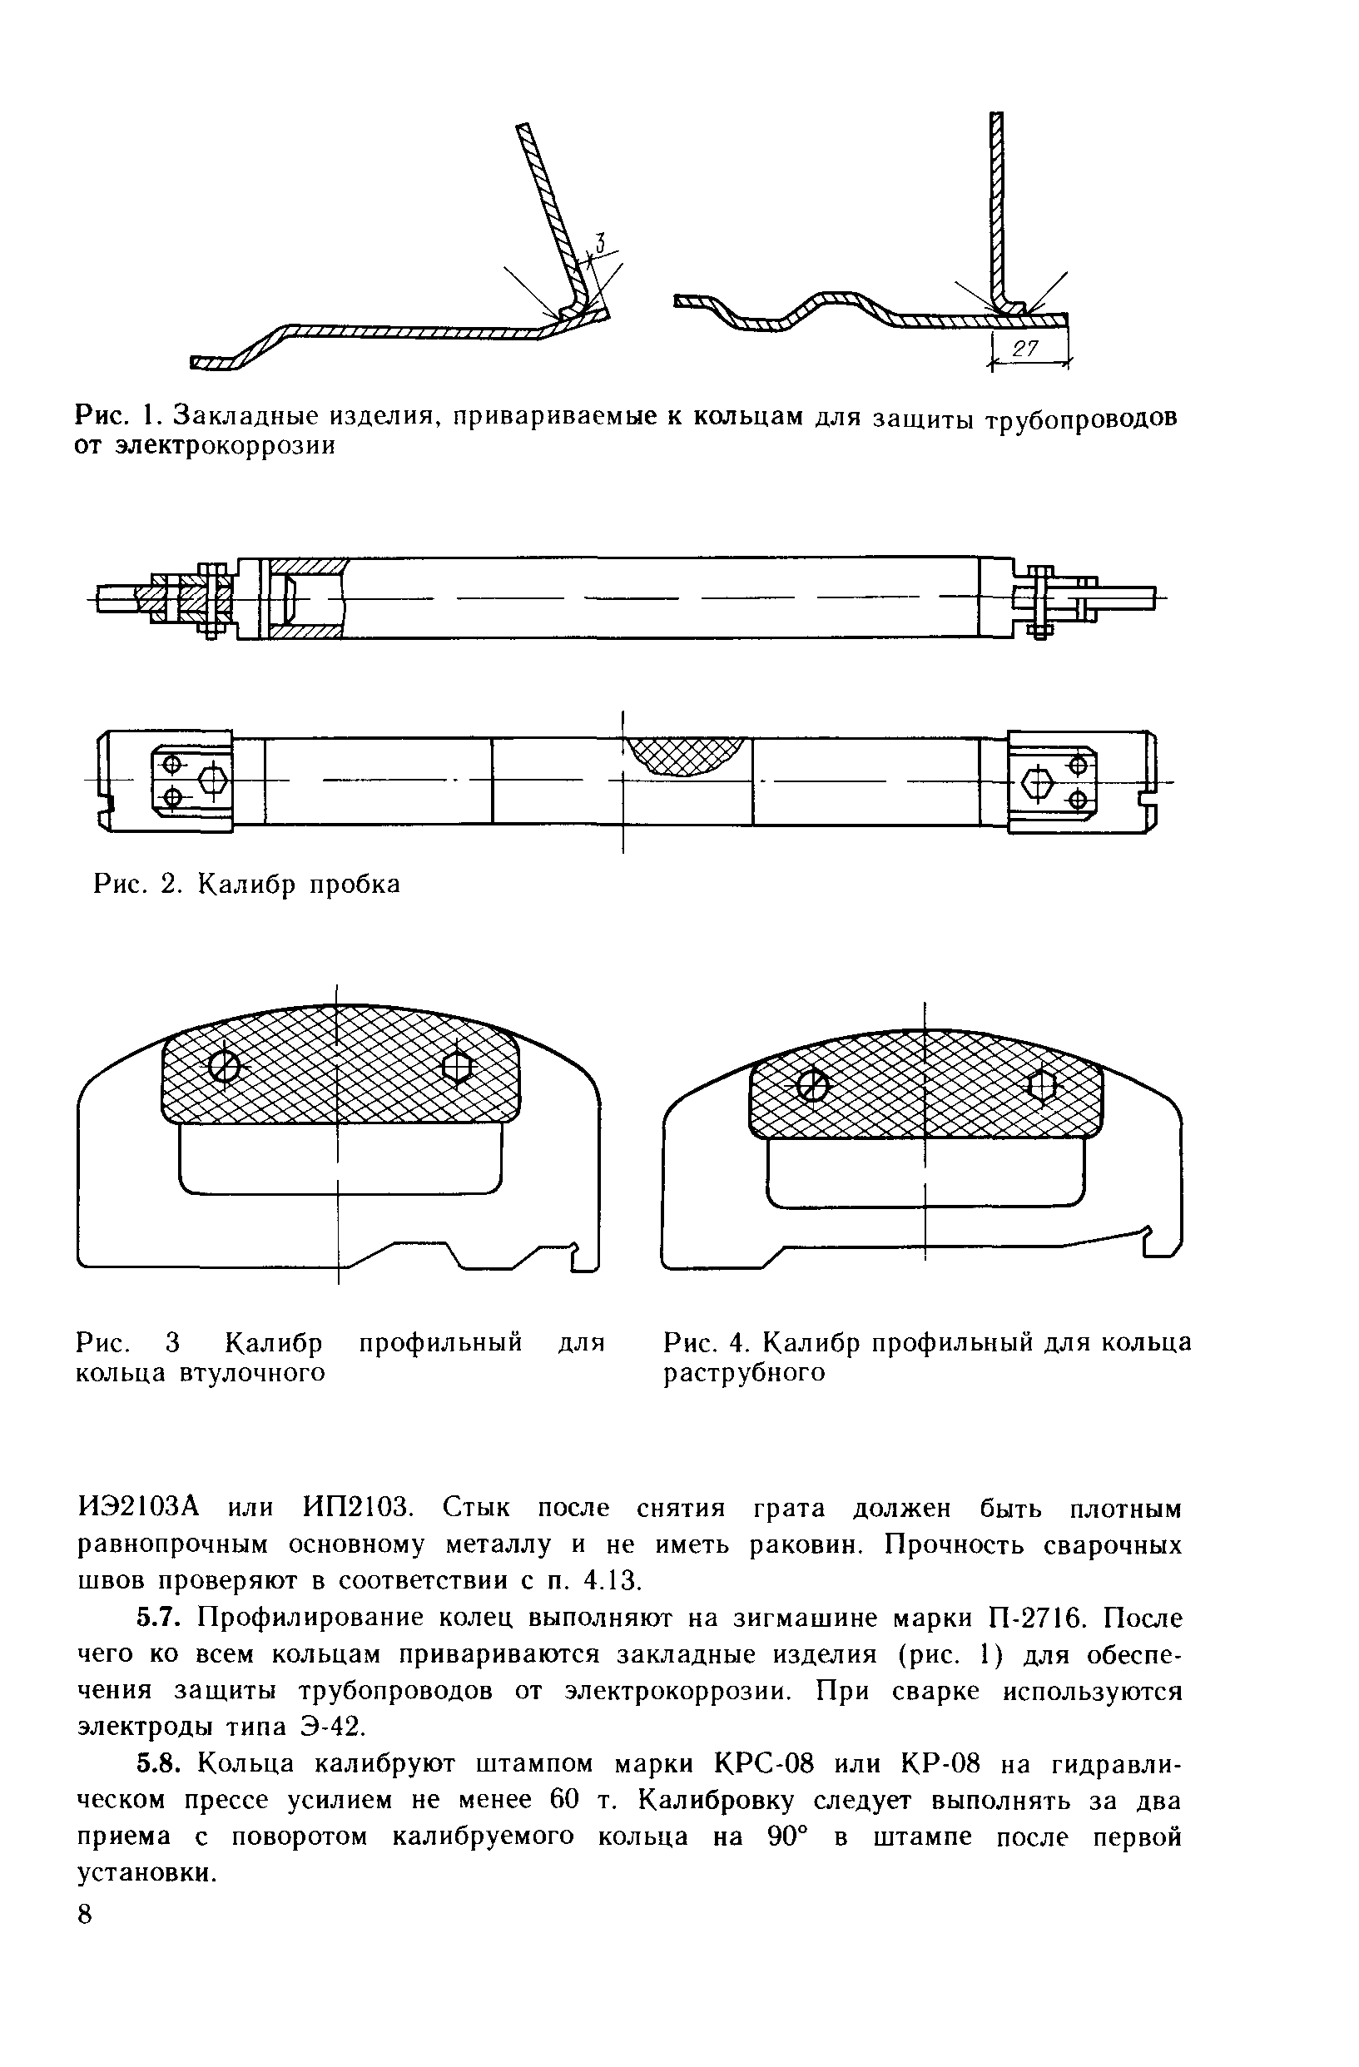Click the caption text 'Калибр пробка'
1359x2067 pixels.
click(300, 884)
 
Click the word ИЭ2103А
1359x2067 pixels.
click(139, 1508)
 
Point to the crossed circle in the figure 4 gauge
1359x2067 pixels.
click(813, 1085)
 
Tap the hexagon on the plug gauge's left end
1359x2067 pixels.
click(212, 780)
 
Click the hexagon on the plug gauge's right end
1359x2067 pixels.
click(1038, 783)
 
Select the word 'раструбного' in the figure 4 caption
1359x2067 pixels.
click(744, 1373)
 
